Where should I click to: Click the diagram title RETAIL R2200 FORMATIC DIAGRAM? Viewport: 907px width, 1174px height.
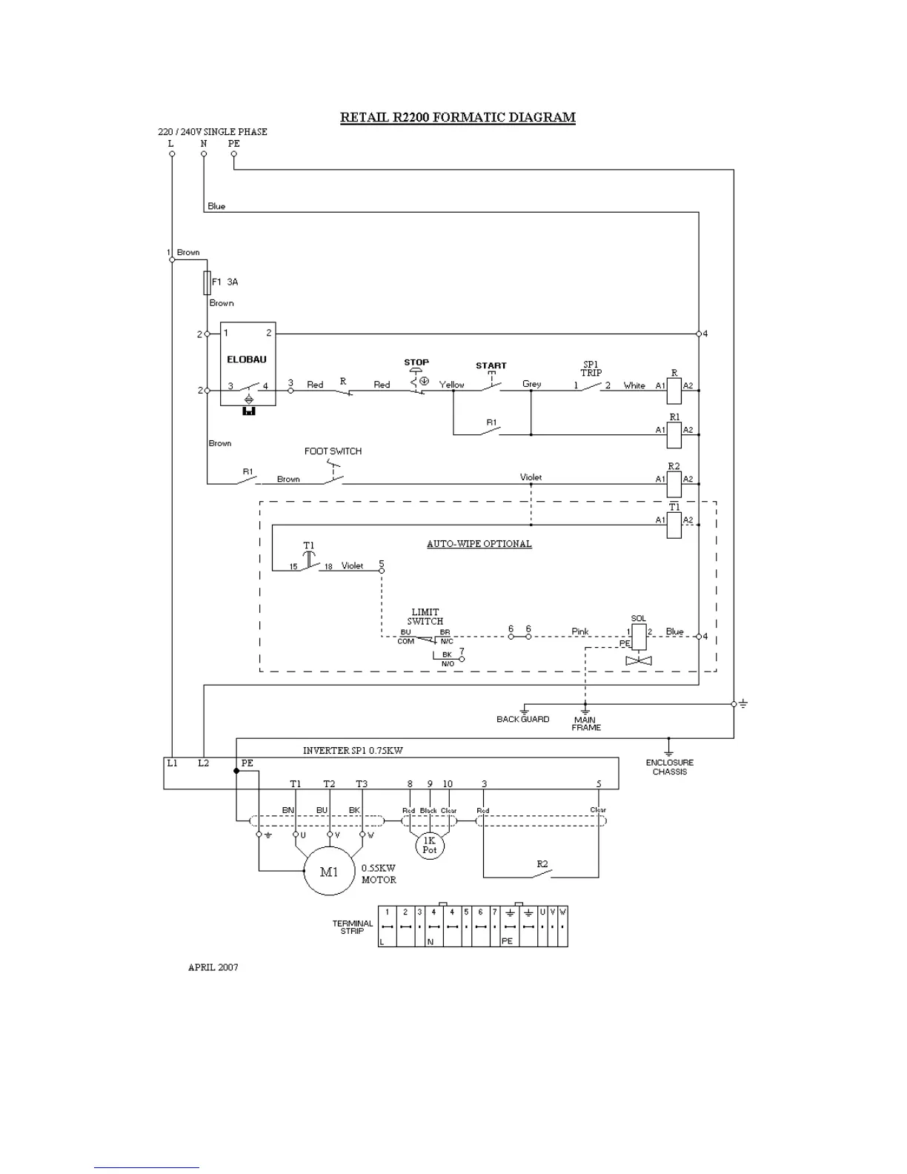click(457, 117)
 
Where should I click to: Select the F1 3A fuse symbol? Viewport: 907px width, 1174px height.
click(207, 282)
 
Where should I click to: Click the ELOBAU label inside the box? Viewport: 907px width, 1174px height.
click(247, 359)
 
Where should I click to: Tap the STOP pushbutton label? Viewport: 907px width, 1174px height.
click(416, 362)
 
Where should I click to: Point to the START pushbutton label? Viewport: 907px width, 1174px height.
click(491, 365)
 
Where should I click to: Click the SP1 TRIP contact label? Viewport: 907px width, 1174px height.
click(591, 368)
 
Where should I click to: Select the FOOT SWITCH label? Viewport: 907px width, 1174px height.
click(333, 451)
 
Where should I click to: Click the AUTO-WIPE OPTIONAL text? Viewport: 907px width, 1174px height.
click(479, 543)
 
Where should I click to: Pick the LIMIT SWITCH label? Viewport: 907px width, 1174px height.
click(425, 617)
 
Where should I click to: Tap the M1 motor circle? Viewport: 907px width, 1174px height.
click(329, 872)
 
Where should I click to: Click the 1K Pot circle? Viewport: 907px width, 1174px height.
click(430, 845)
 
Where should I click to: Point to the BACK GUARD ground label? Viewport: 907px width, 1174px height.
click(523, 719)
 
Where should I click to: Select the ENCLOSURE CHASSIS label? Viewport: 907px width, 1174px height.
click(669, 767)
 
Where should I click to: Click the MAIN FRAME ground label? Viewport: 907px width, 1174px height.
click(585, 723)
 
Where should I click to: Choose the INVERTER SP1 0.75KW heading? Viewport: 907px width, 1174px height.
click(353, 750)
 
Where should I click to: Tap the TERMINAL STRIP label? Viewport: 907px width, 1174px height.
click(353, 927)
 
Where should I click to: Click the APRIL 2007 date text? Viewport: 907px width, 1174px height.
click(213, 967)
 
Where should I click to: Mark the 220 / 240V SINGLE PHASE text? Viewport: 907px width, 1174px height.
click(213, 132)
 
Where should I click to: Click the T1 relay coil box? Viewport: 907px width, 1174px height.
click(674, 525)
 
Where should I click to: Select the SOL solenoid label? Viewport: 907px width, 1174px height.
click(638, 618)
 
